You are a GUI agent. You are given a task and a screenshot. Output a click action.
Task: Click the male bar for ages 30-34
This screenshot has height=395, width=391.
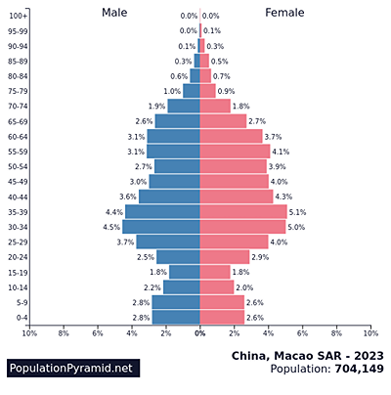click(x=161, y=227)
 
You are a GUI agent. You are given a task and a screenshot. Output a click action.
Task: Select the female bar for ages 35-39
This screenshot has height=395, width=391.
click(x=243, y=211)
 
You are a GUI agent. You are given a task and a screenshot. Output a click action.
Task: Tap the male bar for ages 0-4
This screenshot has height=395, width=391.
click(x=176, y=318)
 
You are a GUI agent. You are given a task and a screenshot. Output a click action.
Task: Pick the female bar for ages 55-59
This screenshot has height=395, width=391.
click(x=235, y=152)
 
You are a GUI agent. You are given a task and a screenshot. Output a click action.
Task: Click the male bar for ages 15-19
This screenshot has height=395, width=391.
click(x=185, y=272)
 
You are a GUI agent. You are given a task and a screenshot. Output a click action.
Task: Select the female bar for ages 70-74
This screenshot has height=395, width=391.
click(x=215, y=106)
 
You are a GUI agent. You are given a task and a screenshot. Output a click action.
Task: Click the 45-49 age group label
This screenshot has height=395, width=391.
click(x=18, y=181)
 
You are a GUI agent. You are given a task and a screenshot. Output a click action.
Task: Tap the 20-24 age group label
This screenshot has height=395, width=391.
click(x=18, y=257)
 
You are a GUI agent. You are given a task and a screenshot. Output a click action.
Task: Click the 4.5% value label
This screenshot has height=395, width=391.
click(x=111, y=227)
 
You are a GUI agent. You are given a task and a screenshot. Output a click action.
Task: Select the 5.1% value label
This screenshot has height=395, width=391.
click(x=298, y=211)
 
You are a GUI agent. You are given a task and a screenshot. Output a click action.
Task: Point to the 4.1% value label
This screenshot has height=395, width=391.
click(x=281, y=152)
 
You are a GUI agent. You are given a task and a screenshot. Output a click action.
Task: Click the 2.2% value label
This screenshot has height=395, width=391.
click(x=152, y=287)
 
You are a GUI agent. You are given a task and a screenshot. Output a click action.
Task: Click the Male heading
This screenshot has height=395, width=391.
click(x=114, y=13)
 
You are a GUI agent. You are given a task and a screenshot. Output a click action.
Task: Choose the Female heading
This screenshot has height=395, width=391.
click(x=284, y=13)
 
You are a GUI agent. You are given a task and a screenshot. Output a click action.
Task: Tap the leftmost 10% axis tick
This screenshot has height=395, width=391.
click(x=29, y=333)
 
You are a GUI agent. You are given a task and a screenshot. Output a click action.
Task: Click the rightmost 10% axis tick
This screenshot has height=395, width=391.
click(x=370, y=333)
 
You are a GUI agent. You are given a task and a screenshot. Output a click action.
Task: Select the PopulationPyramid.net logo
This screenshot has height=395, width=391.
click(x=70, y=369)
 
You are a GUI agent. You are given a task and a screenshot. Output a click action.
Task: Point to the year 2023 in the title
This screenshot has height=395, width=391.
click(x=369, y=354)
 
